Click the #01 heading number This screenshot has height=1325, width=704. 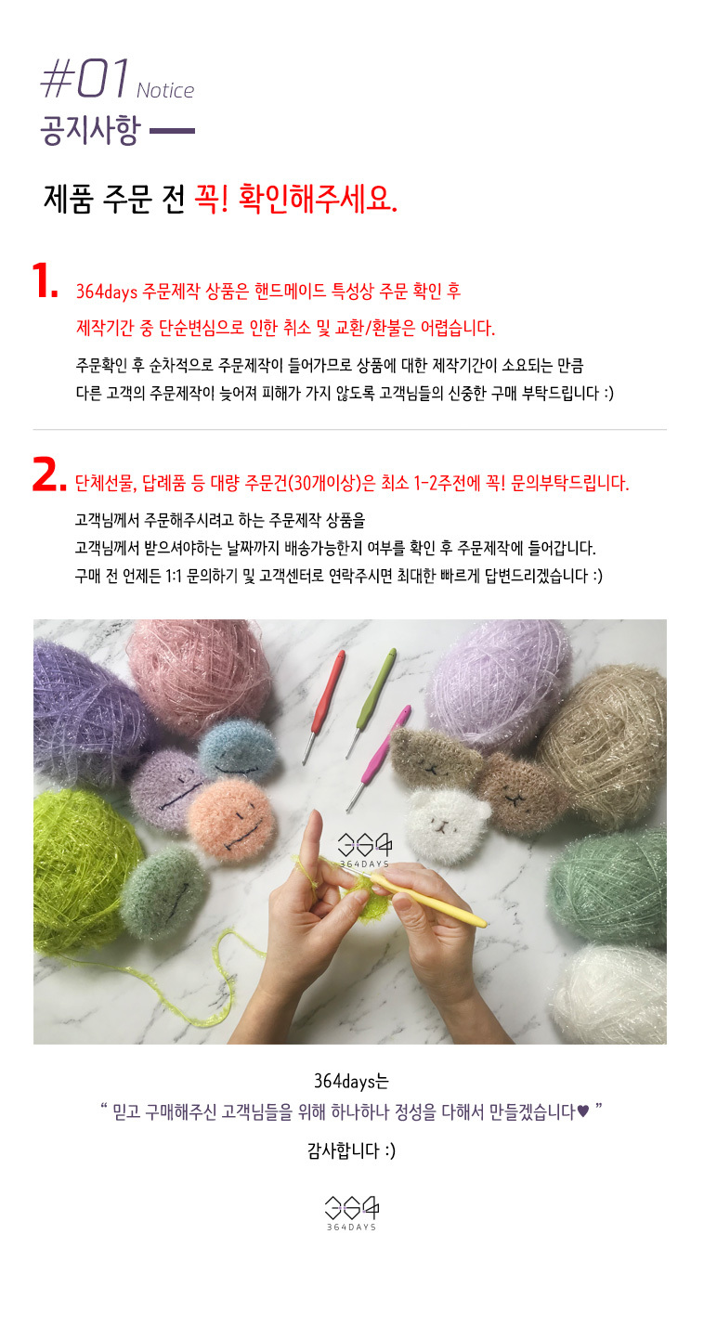click(x=85, y=78)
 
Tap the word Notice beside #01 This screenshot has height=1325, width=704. click(x=165, y=90)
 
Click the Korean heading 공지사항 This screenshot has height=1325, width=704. click(x=90, y=130)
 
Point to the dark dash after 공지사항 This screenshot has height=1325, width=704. click(x=172, y=131)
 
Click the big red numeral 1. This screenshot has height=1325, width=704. click(x=45, y=280)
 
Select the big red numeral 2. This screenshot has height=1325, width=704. click(x=49, y=475)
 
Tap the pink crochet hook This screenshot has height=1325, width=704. click(x=379, y=757)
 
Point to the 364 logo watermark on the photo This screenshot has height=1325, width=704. click(x=364, y=850)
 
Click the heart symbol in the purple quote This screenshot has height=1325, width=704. click(x=583, y=1111)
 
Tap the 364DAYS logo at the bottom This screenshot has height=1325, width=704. click(x=351, y=1214)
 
